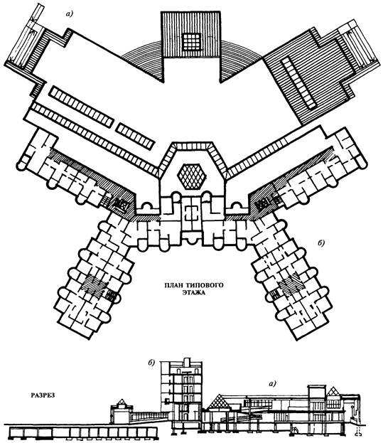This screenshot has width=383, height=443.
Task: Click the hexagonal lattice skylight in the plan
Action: point(192,176)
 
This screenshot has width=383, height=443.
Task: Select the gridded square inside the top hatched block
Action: point(192,41)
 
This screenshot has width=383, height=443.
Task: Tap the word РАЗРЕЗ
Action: point(43,395)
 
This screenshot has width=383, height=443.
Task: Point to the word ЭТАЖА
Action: point(193,293)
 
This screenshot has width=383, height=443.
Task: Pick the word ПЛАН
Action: point(173,285)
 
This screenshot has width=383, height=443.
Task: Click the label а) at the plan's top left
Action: point(69,14)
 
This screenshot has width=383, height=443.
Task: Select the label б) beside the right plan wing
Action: point(322,242)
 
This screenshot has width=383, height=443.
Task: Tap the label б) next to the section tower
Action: point(151,363)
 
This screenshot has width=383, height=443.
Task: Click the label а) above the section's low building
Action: point(272,383)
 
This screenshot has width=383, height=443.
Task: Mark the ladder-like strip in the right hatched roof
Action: point(299,82)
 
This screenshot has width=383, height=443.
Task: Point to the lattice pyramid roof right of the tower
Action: point(219,402)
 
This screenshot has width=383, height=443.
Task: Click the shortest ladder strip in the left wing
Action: point(135,137)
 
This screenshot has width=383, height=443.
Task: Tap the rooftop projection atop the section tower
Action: point(186,362)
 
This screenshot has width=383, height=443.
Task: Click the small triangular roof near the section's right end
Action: point(334,392)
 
